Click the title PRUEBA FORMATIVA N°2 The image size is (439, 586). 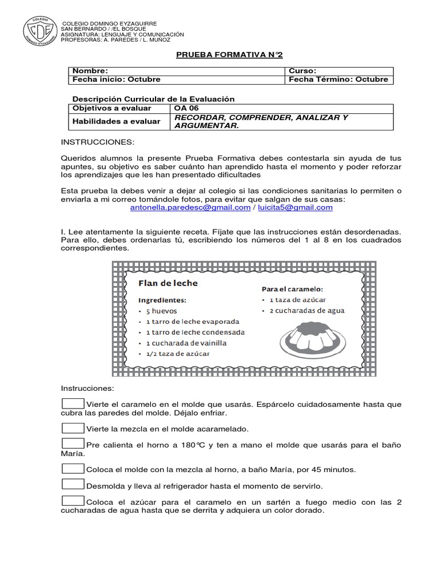click(229, 54)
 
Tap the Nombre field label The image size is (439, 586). click(89, 70)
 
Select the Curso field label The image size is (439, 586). click(302, 70)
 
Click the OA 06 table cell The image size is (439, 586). click(185, 108)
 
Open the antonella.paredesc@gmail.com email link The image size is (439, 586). click(190, 208)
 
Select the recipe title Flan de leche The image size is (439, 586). click(167, 283)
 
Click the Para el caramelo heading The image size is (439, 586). click(293, 290)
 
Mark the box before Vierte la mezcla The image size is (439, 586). click(73, 428)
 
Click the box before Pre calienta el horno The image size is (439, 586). click(73, 445)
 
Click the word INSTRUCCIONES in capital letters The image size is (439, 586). click(98, 141)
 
